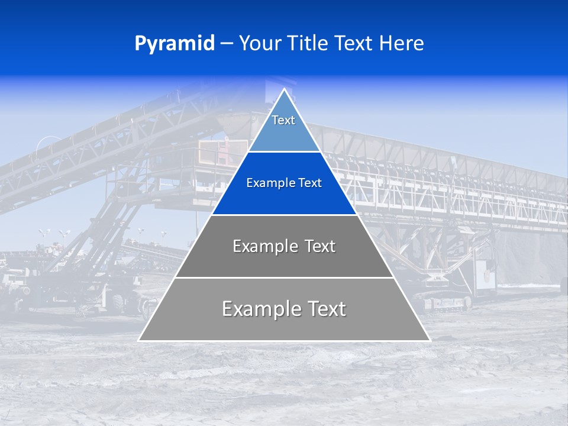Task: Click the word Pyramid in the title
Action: pyautogui.click(x=175, y=44)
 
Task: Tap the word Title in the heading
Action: pyautogui.click(x=308, y=44)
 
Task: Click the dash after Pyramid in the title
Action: pyautogui.click(x=227, y=44)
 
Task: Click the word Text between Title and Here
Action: pyautogui.click(x=353, y=44)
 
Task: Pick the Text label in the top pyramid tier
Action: pyautogui.click(x=283, y=120)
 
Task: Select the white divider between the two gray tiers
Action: pyautogui.click(x=284, y=277)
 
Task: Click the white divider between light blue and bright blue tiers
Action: pyautogui.click(x=284, y=151)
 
